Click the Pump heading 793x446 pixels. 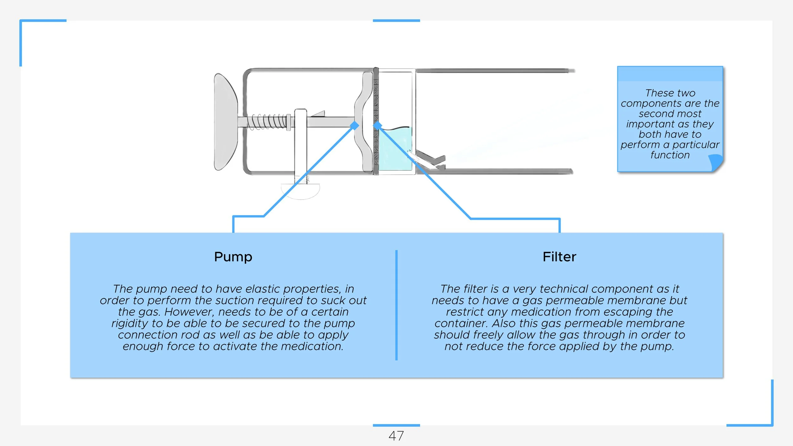233,257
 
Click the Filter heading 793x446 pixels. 559,257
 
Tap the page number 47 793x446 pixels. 396,436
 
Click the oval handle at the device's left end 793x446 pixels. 226,122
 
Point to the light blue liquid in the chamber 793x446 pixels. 395,149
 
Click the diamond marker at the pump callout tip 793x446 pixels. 354,126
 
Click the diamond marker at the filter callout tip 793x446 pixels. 377,126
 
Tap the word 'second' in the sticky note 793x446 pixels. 654,114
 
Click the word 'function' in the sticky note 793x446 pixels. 670,155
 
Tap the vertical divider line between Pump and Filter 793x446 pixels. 396,305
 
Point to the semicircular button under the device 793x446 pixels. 300,191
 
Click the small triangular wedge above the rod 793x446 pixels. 318,114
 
